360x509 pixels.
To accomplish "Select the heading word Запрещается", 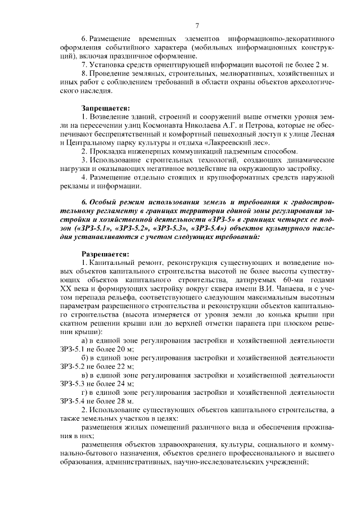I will (106, 107).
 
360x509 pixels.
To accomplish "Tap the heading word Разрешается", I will (106, 254).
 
